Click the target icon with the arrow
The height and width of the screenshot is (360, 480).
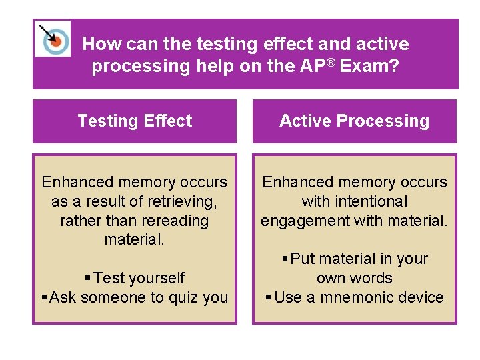click(x=52, y=39)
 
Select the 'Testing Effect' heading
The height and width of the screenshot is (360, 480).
click(x=135, y=121)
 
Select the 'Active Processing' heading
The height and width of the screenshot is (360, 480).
click(x=354, y=121)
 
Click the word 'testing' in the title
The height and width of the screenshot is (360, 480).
click(x=223, y=45)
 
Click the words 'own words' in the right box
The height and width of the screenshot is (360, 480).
click(x=354, y=278)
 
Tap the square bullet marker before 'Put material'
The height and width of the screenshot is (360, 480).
click(x=285, y=259)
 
